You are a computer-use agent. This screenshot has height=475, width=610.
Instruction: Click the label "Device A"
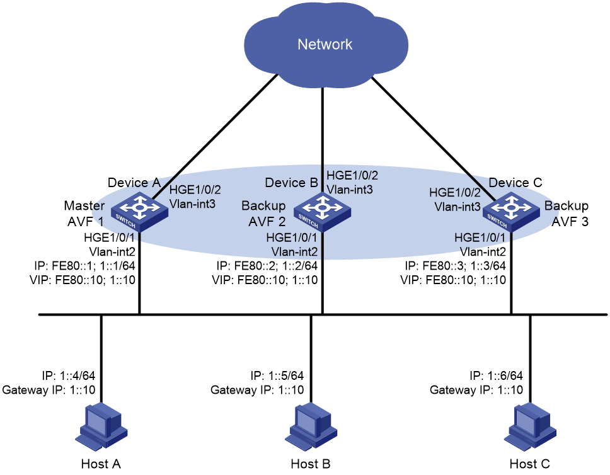point(134,183)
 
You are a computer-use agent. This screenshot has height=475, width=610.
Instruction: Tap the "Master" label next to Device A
point(84,205)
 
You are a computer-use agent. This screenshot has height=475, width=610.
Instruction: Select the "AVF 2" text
point(267,221)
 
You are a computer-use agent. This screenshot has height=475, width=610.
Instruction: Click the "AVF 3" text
point(570,221)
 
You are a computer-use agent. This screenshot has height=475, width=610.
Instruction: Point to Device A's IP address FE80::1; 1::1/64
point(84,266)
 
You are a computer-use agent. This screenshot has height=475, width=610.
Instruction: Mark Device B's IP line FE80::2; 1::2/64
point(267,266)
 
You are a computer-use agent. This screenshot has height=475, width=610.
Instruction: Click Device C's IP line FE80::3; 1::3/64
point(455,266)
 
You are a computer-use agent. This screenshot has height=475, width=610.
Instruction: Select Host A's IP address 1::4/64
point(69,375)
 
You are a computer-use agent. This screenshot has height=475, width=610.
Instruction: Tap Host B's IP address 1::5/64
point(277,375)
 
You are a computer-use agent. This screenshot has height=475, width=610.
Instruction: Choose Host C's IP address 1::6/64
point(496,375)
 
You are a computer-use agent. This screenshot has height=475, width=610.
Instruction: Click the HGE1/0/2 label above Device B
point(352,176)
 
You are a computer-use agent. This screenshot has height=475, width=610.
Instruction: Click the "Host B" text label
point(311,464)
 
